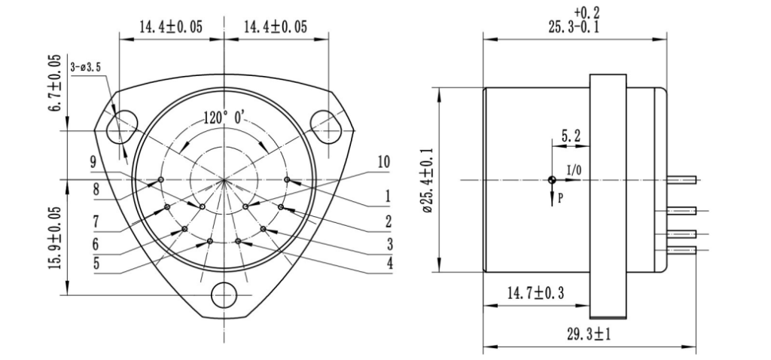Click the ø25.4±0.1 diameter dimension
427,180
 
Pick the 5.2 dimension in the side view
569,136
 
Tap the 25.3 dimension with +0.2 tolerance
576,23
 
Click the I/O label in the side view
573,171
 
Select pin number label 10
385,162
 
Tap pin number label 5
96,264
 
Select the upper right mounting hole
326,123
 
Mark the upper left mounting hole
118,129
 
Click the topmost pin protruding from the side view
682,179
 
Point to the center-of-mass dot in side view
552,179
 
